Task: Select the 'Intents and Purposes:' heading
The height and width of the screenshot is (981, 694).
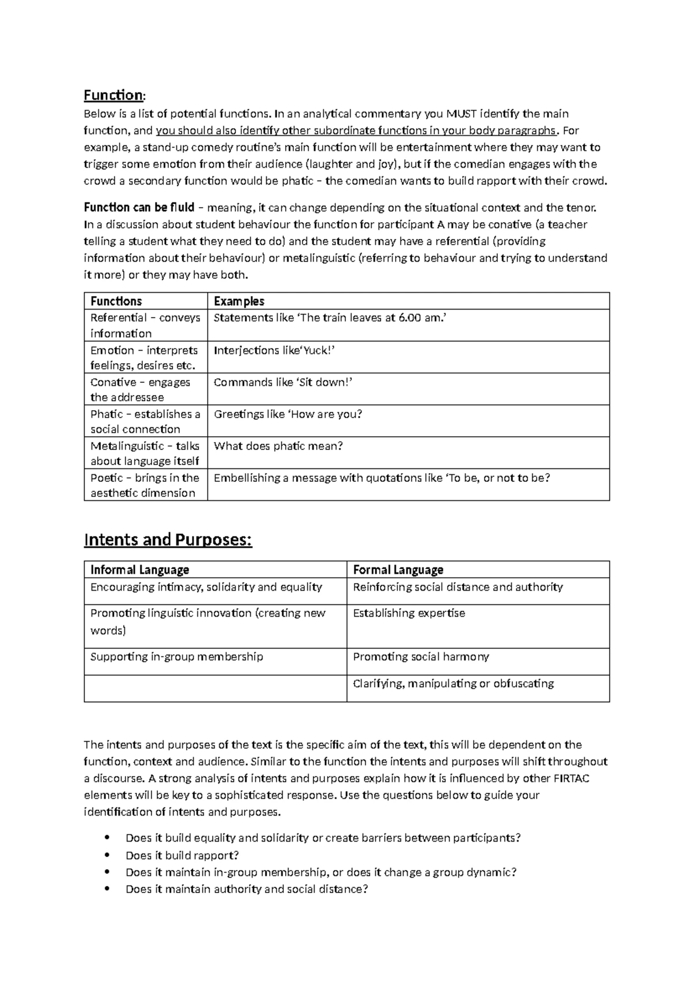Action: tap(168, 540)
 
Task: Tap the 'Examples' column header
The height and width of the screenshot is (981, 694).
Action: tap(239, 301)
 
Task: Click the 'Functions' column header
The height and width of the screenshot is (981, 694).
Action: tap(116, 301)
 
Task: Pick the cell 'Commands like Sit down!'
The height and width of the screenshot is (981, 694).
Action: tap(283, 382)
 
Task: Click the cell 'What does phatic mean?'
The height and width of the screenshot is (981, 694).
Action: tap(278, 446)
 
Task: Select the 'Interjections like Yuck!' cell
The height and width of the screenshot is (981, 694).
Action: tap(274, 351)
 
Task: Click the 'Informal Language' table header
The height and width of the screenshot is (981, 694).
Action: tap(140, 570)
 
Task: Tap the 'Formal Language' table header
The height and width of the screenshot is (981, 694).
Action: tap(398, 570)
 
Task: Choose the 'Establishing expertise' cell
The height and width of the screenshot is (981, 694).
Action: tap(409, 613)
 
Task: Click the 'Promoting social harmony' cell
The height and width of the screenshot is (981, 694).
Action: tap(421, 657)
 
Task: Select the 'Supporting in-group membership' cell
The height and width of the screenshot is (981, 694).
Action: tap(177, 657)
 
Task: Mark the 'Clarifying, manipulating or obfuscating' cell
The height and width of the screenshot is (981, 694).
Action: tap(453, 684)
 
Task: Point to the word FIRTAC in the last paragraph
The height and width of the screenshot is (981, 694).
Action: tap(571, 779)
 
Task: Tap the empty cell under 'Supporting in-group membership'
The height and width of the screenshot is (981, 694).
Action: tap(215, 688)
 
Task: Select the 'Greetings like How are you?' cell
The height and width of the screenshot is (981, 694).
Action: tap(287, 414)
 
